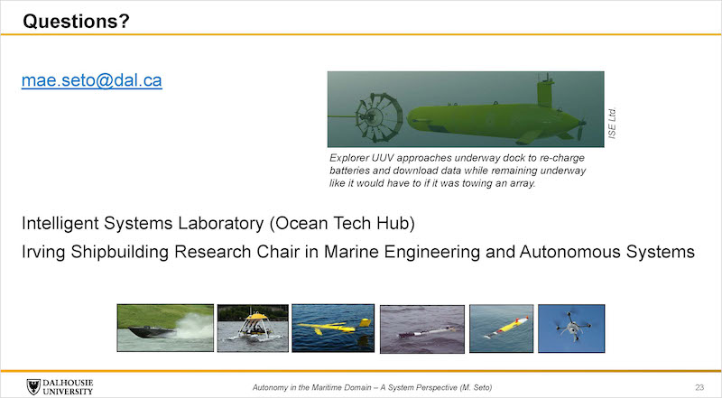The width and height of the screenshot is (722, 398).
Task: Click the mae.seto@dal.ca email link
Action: [x=92, y=80]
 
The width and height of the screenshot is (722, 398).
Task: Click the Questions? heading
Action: [x=77, y=21]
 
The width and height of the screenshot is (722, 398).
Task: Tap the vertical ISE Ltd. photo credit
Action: [x=612, y=123]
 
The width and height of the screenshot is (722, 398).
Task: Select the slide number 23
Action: [x=699, y=387]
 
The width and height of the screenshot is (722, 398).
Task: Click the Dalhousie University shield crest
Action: [x=33, y=387]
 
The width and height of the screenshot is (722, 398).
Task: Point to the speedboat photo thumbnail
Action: [x=165, y=328]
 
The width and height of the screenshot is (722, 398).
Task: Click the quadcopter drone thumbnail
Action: [x=571, y=329]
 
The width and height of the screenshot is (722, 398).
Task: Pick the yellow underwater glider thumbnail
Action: [x=333, y=328]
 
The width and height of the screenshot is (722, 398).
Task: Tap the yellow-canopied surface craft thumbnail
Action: [x=253, y=328]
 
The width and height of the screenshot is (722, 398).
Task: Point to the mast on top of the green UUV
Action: [x=546, y=90]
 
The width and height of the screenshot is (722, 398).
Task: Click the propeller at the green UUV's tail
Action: [x=581, y=129]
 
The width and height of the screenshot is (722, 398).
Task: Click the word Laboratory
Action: [x=220, y=224]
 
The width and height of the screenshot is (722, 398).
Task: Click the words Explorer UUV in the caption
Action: [x=361, y=158]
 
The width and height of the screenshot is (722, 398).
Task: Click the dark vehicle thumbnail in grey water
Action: [x=422, y=329]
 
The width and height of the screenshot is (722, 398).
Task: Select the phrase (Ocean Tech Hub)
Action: [x=342, y=224]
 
